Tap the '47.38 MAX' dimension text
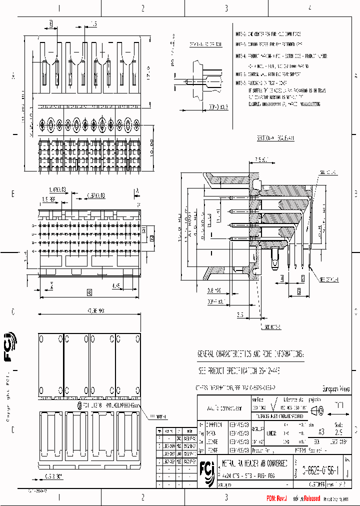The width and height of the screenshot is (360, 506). [x=93, y=311]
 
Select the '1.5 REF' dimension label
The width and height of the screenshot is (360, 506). [x=48, y=199]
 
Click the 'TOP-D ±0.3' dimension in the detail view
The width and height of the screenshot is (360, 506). [x=217, y=107]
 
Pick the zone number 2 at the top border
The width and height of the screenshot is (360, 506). [x=143, y=8]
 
